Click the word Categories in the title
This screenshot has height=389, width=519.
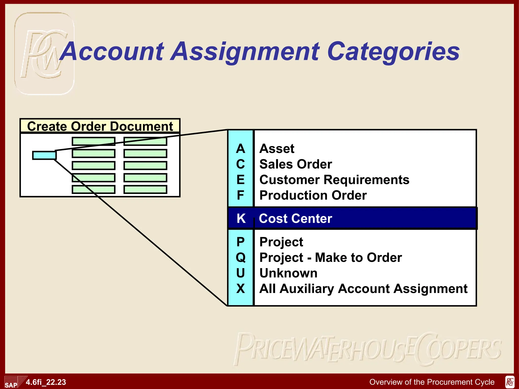[x=393, y=52]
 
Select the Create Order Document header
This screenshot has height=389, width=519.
[x=100, y=126]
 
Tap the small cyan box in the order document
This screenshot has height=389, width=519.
[x=44, y=155]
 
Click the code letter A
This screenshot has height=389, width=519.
[x=240, y=149]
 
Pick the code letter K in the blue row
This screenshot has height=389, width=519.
[x=241, y=218]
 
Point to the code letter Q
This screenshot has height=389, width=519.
[x=240, y=258]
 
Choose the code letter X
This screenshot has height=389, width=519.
[x=240, y=288]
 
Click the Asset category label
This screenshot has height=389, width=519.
[x=277, y=149]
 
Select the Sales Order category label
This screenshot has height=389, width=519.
[x=295, y=164]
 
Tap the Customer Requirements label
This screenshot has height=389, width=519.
[x=334, y=180]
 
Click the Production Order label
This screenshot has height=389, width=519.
[x=313, y=195]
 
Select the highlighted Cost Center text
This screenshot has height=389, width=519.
[x=295, y=218]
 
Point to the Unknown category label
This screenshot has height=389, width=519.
[x=288, y=273]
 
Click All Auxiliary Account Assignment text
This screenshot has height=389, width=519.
[x=363, y=289]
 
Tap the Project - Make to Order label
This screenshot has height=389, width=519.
[x=331, y=258]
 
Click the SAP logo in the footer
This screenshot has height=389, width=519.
[x=11, y=383]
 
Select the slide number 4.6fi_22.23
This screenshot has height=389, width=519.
[x=46, y=382]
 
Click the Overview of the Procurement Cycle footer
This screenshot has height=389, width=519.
[x=432, y=382]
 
